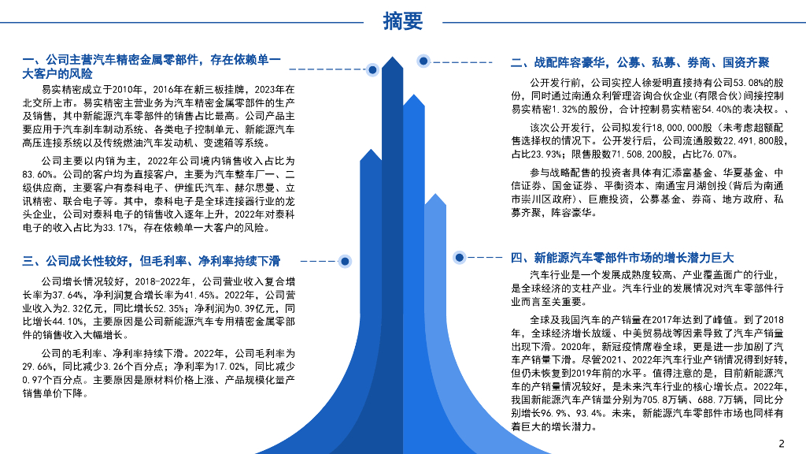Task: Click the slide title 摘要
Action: tap(403, 21)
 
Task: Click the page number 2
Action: tap(781, 443)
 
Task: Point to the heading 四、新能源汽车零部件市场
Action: tap(622, 258)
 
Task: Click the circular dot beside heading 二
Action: tap(423, 61)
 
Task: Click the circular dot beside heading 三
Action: tap(344, 261)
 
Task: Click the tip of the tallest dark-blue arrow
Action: tap(392, 59)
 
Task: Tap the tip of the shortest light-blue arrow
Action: tap(434, 194)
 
